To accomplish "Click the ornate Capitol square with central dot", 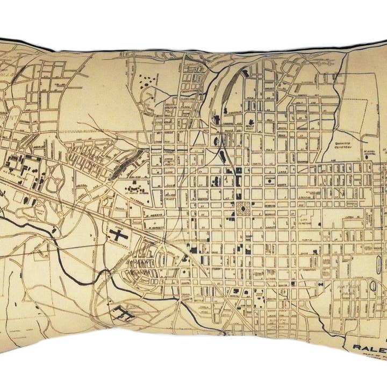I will pos(241,207).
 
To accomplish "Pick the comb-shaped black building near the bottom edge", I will pos(121,310).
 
